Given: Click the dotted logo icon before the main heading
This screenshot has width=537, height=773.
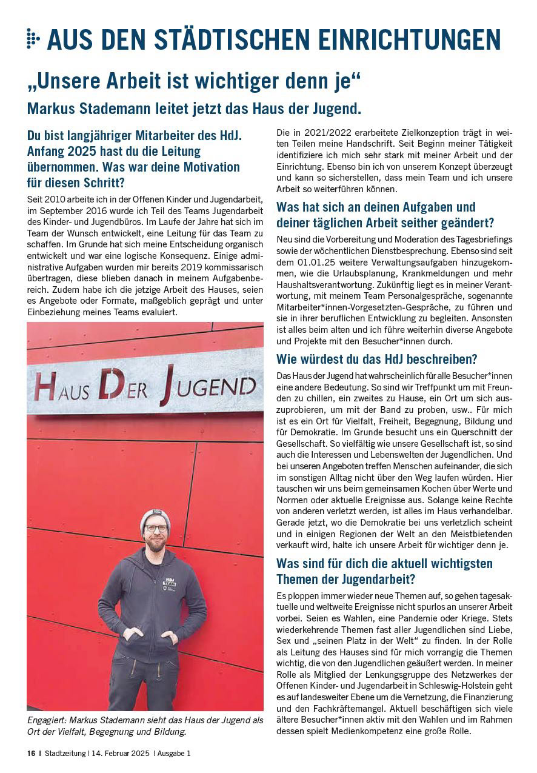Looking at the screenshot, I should pyautogui.click(x=33, y=38).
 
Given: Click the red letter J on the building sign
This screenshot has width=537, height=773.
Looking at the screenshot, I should pyautogui.click(x=165, y=386).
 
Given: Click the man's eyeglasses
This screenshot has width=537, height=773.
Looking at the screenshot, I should pyautogui.click(x=156, y=529).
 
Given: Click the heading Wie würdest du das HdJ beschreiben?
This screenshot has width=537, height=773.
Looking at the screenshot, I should pyautogui.click(x=376, y=358).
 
